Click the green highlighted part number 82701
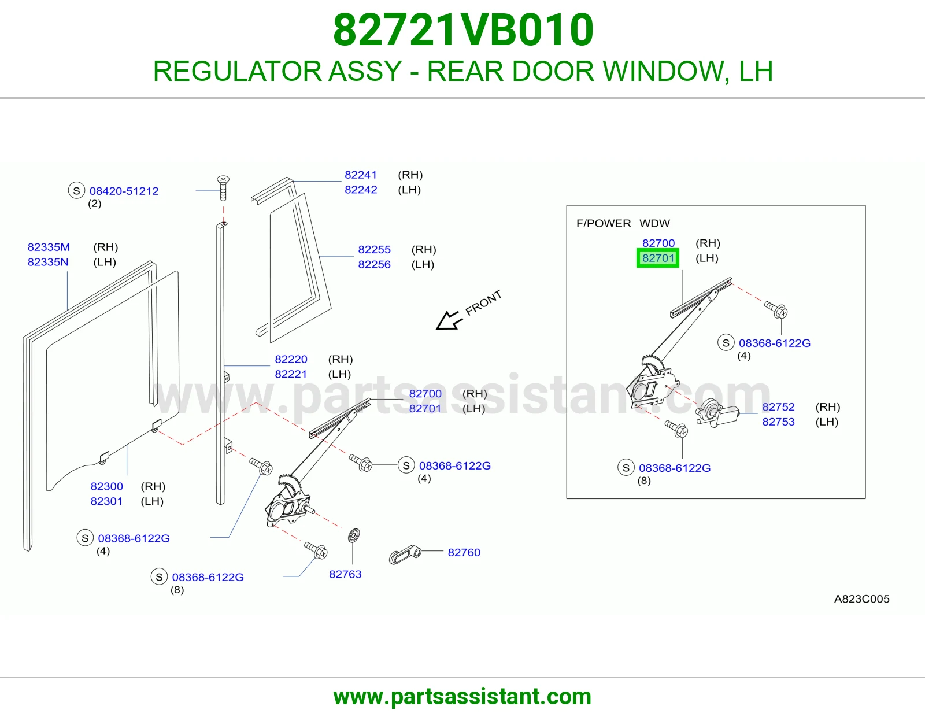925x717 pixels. click(658, 258)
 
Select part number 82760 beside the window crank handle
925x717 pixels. click(464, 552)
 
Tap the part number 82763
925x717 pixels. click(345, 574)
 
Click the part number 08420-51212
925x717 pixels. click(124, 191)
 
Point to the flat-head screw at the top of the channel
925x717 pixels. click(224, 188)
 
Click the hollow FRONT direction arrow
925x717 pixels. click(447, 320)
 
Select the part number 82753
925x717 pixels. click(778, 422)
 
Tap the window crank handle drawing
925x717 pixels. click(405, 555)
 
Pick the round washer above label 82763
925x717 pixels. click(354, 535)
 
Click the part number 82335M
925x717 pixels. click(49, 247)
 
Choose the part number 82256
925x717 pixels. click(374, 264)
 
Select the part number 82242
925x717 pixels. click(361, 190)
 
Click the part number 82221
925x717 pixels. click(291, 374)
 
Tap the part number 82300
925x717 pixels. click(106, 486)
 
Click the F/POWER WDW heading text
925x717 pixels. click(623, 223)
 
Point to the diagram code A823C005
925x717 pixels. click(861, 598)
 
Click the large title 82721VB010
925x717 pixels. click(463, 30)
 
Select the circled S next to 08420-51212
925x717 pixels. click(77, 190)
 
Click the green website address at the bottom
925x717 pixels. click(462, 697)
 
